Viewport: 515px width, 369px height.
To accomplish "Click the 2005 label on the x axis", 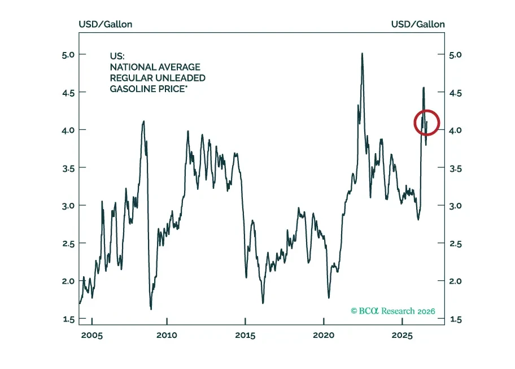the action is (x=92, y=336).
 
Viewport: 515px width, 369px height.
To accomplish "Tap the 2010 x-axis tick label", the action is (x=167, y=336).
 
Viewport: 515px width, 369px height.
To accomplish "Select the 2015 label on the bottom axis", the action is (x=245, y=336).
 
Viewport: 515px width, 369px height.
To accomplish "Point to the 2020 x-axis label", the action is (x=324, y=336).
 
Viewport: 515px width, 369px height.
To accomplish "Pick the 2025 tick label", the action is (x=402, y=336).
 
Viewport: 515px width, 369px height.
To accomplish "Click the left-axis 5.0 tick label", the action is (x=68, y=55).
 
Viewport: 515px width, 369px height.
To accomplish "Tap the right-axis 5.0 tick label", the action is (x=455, y=55).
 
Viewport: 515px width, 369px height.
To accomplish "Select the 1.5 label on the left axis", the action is (x=69, y=319).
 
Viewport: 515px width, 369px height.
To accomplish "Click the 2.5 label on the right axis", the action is (x=455, y=244).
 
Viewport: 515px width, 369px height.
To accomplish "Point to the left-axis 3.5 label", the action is (x=69, y=168).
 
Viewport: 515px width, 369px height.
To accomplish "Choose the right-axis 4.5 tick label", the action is (x=455, y=93).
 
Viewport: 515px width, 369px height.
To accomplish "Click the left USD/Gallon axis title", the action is (x=106, y=24).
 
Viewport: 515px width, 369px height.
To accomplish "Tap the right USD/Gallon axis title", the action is (x=418, y=24).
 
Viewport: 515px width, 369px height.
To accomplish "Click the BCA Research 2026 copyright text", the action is (x=393, y=311).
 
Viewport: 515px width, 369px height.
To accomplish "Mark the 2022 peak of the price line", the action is (x=362, y=53).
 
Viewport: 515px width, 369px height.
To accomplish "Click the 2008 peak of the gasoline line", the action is (x=143, y=121).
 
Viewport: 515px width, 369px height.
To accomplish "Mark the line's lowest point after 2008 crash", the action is (x=151, y=309).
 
